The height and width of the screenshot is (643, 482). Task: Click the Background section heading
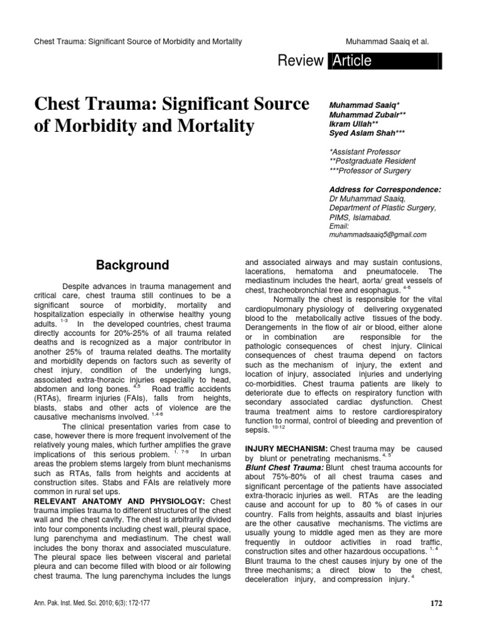pos(132,265)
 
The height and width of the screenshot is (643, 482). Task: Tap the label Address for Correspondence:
pos(385,189)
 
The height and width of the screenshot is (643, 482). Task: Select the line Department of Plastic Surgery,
pos(383,208)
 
